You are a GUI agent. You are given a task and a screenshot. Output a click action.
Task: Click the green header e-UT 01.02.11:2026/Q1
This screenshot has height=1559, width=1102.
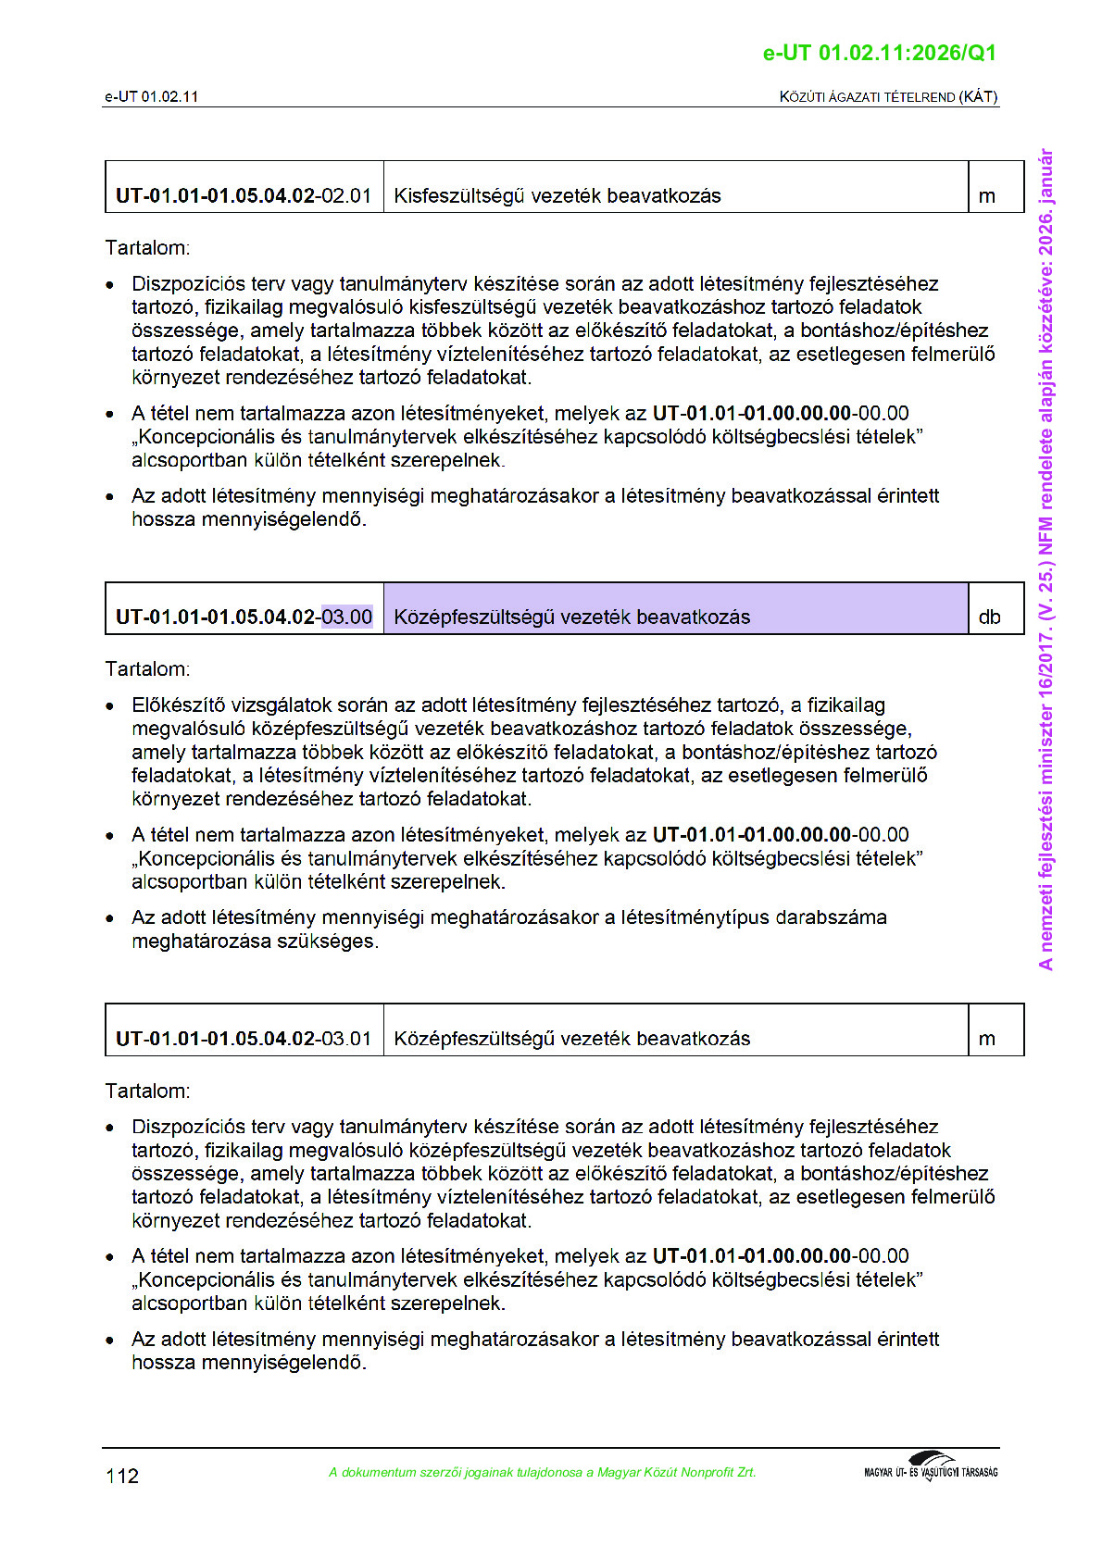[879, 53]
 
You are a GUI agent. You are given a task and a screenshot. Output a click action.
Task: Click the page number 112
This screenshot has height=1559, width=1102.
[122, 1476]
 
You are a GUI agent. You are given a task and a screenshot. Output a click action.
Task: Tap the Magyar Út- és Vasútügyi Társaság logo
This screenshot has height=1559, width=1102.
[930, 1467]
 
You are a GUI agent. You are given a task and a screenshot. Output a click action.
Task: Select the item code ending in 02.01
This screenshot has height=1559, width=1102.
[244, 196]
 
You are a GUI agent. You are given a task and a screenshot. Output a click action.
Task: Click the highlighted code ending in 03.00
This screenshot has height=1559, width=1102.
[346, 617]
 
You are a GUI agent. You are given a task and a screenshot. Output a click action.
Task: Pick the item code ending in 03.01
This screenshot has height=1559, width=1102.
[244, 1039]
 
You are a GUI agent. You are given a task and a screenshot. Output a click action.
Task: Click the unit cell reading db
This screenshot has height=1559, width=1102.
[989, 617]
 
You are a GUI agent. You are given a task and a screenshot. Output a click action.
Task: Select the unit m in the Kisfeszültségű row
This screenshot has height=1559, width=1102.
[987, 196]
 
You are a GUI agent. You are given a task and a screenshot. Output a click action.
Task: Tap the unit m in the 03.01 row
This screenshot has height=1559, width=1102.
[987, 1039]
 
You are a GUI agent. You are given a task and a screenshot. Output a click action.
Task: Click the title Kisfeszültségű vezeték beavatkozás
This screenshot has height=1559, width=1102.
[557, 196]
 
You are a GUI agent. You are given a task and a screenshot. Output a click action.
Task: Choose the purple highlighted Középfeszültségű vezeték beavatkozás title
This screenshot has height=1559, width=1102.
[571, 617]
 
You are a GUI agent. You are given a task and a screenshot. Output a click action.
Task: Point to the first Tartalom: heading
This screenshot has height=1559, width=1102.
[147, 248]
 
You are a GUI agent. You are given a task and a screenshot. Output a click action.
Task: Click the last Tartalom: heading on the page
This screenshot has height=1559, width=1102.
[147, 1091]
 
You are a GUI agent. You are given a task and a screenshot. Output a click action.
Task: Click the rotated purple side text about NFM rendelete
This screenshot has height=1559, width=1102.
[1046, 559]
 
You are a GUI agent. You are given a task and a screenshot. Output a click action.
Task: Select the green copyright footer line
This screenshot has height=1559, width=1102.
[542, 1472]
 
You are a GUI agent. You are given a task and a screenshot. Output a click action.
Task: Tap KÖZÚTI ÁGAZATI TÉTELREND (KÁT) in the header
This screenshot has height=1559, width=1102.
[888, 96]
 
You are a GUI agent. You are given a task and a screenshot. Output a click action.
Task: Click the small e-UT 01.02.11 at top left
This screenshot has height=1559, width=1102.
[151, 96]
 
